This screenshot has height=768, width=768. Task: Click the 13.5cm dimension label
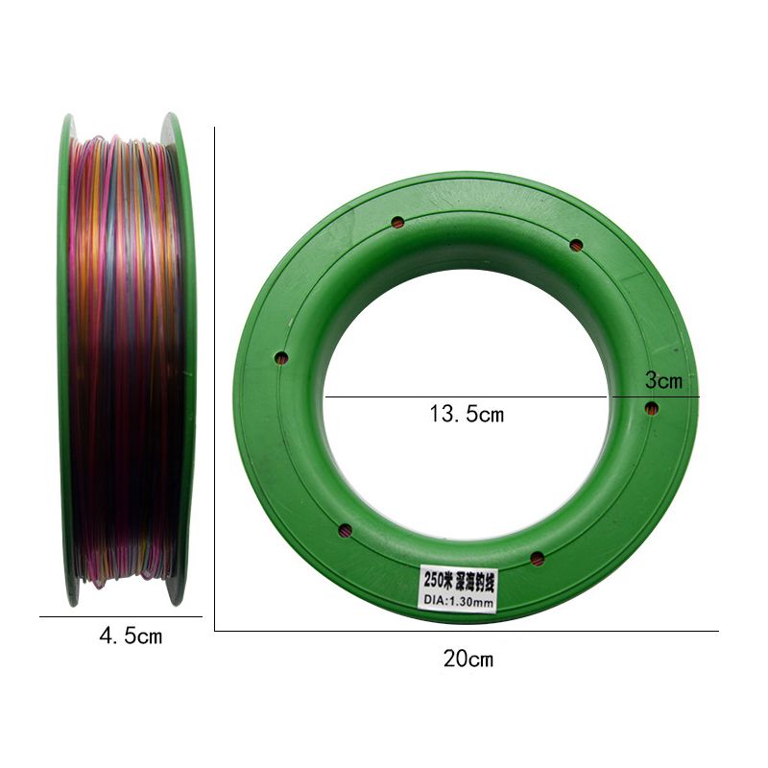[467, 414]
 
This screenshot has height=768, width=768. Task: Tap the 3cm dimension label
[663, 380]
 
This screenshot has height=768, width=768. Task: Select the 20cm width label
[468, 659]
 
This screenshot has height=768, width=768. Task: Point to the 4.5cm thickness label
[131, 636]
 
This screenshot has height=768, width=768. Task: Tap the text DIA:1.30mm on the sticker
[459, 601]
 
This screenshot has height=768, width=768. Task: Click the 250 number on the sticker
[434, 581]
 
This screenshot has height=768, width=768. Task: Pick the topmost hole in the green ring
[397, 223]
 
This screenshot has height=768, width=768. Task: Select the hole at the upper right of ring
[576, 245]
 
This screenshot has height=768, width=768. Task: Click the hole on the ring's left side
[281, 358]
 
